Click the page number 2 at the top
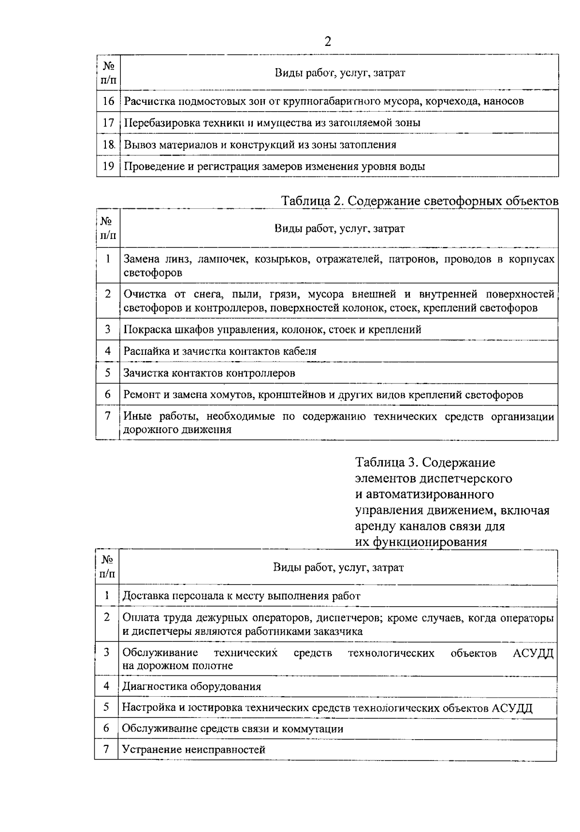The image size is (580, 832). [x=328, y=41]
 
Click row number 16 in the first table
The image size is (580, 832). [x=108, y=101]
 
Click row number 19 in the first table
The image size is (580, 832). [x=108, y=166]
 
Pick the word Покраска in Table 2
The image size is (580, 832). [x=146, y=330]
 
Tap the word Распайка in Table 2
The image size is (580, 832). [x=146, y=351]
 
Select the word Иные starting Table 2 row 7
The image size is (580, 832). [x=137, y=417]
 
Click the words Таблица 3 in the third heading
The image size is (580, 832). [x=386, y=463]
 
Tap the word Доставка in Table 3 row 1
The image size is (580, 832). [x=145, y=596]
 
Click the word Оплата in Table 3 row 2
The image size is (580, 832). [x=140, y=618]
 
